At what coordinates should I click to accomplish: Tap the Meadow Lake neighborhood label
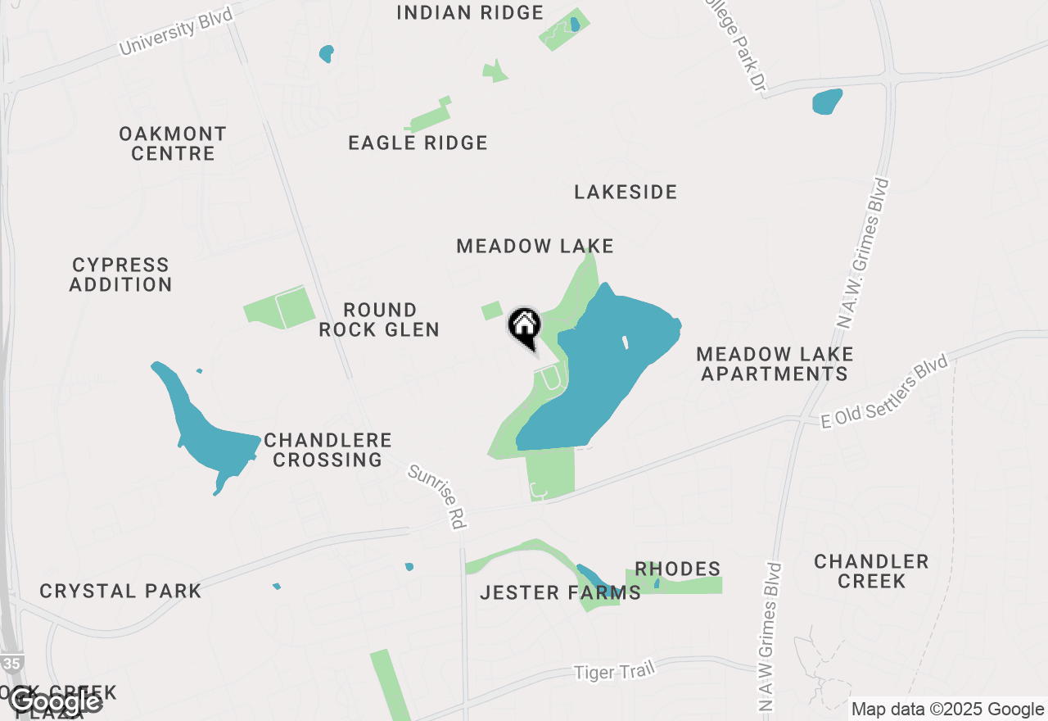click(x=535, y=246)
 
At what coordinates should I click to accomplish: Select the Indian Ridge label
click(x=470, y=13)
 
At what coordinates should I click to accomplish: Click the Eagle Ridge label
click(x=418, y=143)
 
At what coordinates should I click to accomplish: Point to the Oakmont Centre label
click(x=172, y=143)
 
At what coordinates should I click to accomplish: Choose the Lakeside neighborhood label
click(x=626, y=193)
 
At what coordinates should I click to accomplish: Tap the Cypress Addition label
click(x=120, y=274)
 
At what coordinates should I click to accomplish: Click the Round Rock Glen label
click(x=379, y=320)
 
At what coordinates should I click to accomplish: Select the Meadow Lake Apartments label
click(x=775, y=364)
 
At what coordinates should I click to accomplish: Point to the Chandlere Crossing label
click(x=327, y=450)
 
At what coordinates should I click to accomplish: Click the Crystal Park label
click(x=120, y=591)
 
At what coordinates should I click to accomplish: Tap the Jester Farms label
click(x=560, y=592)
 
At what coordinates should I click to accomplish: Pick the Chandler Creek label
click(x=871, y=571)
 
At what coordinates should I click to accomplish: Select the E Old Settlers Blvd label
click(x=884, y=391)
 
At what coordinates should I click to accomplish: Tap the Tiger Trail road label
click(x=614, y=671)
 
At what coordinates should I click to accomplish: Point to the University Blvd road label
click(x=176, y=29)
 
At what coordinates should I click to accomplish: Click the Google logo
click(x=54, y=701)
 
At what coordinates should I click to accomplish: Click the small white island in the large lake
click(x=625, y=342)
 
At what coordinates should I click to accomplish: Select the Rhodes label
click(x=677, y=569)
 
